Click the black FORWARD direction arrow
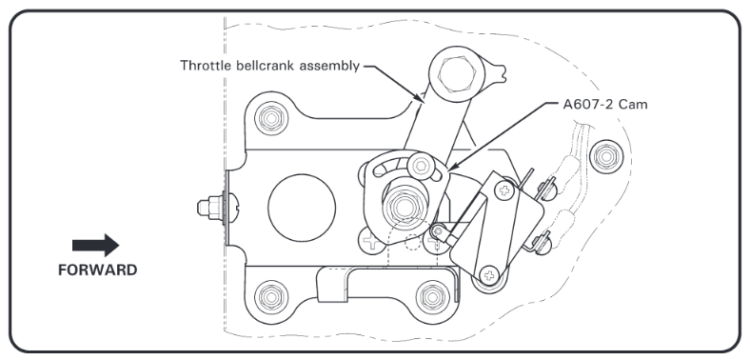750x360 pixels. pyautogui.click(x=96, y=245)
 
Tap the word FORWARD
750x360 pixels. pyautogui.click(x=98, y=270)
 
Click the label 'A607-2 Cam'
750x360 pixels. pyautogui.click(x=605, y=105)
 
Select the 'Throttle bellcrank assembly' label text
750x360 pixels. pyautogui.click(x=269, y=65)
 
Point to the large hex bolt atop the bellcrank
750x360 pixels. pyautogui.click(x=457, y=73)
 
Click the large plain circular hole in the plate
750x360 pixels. pyautogui.click(x=302, y=208)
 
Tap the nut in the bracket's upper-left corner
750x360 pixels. pyautogui.click(x=271, y=118)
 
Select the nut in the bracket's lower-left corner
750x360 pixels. pyautogui.click(x=271, y=297)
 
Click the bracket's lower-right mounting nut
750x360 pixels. pyautogui.click(x=432, y=297)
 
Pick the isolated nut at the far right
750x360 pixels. pyautogui.click(x=606, y=156)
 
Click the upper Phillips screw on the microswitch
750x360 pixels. pyautogui.click(x=503, y=191)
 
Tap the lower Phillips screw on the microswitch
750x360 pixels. pyautogui.click(x=489, y=275)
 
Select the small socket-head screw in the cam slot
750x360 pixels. pyautogui.click(x=421, y=166)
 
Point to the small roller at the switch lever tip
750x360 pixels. pyautogui.click(x=438, y=231)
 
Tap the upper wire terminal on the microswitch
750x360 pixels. pyautogui.click(x=546, y=189)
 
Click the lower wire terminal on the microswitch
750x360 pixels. pyautogui.click(x=541, y=242)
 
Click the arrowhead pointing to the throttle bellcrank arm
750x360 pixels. pyautogui.click(x=419, y=97)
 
